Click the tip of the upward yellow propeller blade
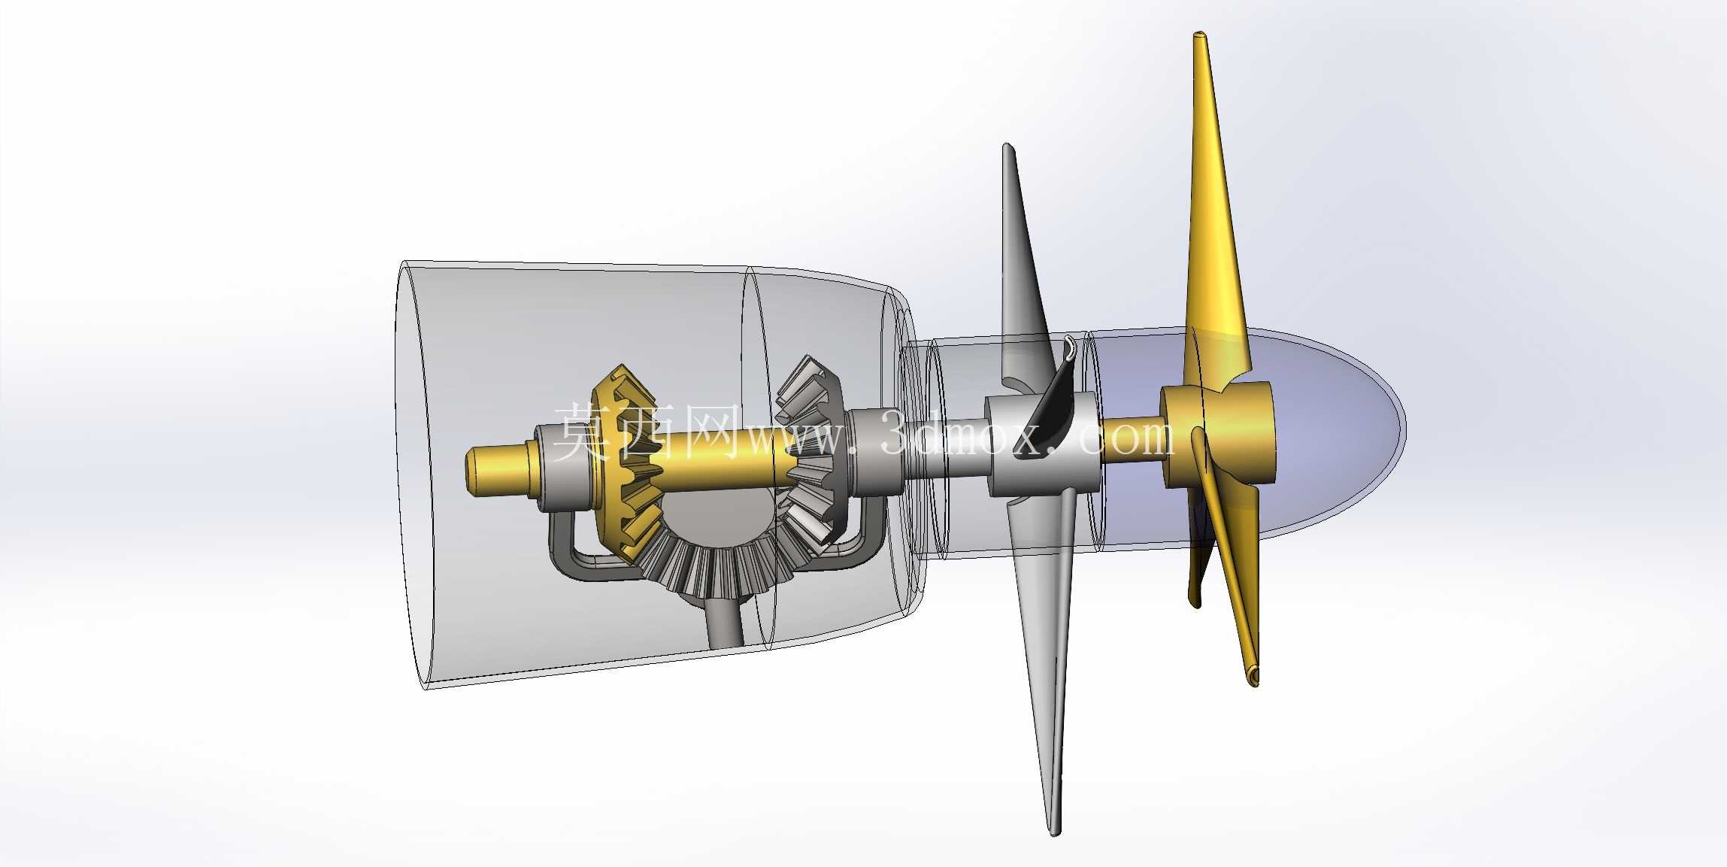[x=1201, y=35]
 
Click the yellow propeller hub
[x=1218, y=434]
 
